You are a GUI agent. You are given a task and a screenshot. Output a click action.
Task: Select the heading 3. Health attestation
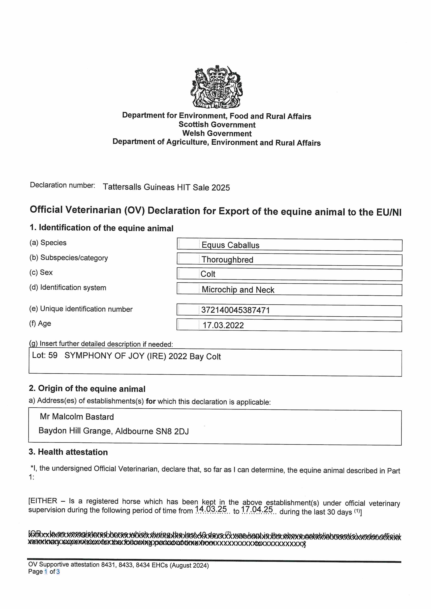68,452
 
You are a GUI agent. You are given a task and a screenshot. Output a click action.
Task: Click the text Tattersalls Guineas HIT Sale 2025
166,187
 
